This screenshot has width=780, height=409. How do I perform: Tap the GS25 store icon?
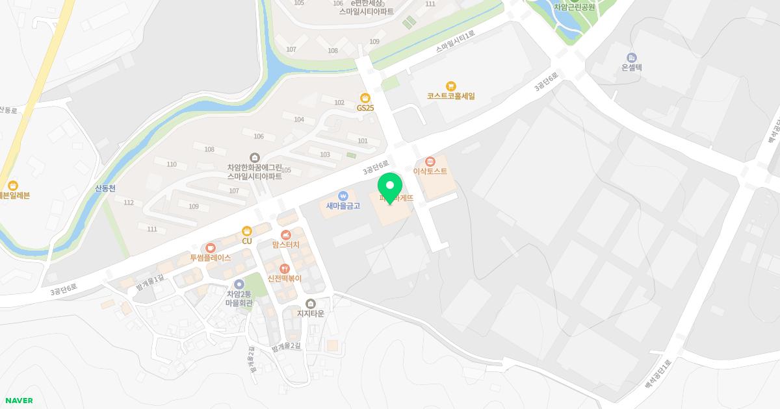[365, 98]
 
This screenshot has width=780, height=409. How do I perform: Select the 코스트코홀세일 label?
[450, 96]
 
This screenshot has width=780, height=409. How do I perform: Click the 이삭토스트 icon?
[429, 161]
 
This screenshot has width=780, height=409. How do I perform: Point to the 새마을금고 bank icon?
[343, 195]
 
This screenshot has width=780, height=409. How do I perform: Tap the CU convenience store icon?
[246, 230]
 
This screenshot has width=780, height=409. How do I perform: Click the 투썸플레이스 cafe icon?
[210, 247]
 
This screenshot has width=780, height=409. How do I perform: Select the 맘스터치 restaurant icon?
[285, 234]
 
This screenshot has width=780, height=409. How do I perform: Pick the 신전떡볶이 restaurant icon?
[284, 268]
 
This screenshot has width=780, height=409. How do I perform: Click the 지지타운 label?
[310, 314]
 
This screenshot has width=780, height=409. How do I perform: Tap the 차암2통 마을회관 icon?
[239, 284]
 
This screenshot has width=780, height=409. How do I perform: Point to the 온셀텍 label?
[631, 67]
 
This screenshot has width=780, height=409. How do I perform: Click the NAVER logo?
[18, 401]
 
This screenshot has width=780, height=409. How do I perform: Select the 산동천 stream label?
[105, 188]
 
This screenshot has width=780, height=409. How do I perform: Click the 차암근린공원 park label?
[574, 7]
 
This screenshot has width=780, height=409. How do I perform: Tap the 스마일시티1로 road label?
[456, 40]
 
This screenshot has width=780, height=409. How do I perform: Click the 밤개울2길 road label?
[287, 347]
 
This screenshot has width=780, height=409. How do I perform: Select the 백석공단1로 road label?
[657, 375]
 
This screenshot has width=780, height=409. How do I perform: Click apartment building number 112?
[129, 203]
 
